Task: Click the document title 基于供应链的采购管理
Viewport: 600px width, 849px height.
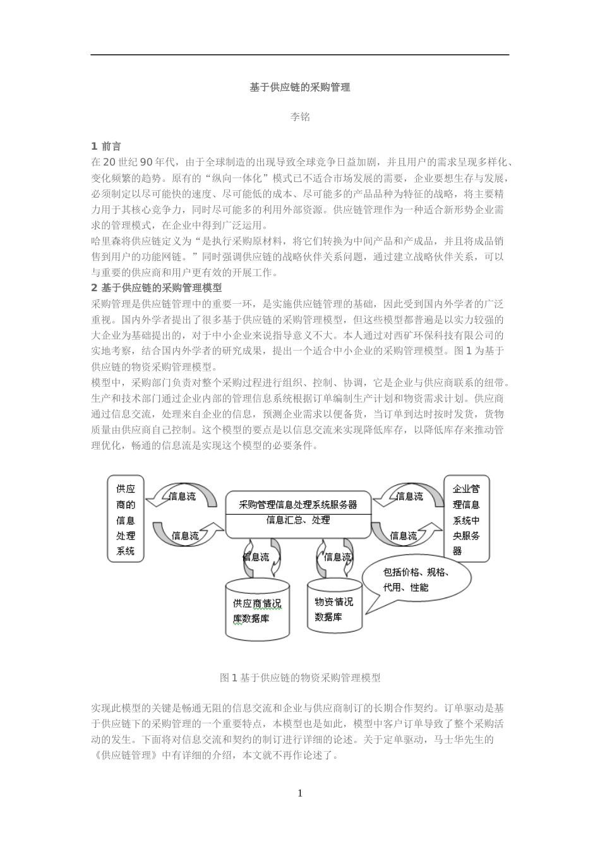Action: pyautogui.click(x=299, y=88)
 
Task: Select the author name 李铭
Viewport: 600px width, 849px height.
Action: pyautogui.click(x=299, y=117)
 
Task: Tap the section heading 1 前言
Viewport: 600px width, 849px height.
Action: pyautogui.click(x=106, y=147)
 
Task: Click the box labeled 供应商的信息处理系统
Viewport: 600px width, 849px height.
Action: pyautogui.click(x=126, y=519)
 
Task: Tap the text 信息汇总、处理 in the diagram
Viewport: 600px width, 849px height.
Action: pyautogui.click(x=298, y=521)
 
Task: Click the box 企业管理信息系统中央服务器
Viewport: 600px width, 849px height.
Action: pyautogui.click(x=466, y=519)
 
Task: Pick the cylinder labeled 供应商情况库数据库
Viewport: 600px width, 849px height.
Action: pyautogui.click(x=257, y=610)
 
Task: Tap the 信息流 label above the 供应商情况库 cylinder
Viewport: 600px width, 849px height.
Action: pyautogui.click(x=256, y=557)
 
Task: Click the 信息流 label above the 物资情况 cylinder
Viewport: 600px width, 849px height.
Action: pyautogui.click(x=337, y=557)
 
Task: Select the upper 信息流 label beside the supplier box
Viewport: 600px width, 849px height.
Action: pyautogui.click(x=183, y=497)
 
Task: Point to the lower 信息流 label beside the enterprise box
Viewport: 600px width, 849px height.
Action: pyautogui.click(x=404, y=536)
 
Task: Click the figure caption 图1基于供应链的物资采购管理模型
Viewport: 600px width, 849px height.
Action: pyautogui.click(x=300, y=678)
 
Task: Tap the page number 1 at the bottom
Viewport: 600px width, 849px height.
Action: pyautogui.click(x=300, y=793)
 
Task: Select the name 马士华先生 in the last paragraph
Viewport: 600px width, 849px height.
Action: pyautogui.click(x=467, y=739)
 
